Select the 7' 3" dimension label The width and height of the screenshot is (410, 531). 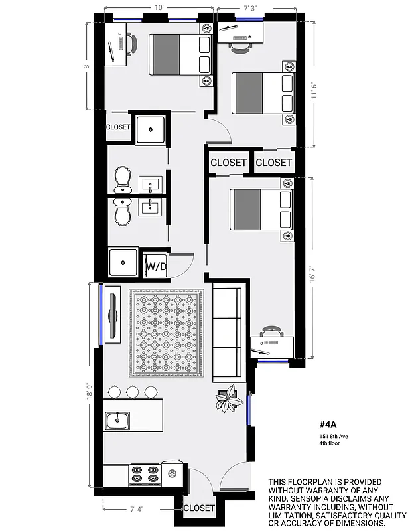[x=250, y=8]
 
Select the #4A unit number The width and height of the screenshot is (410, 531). [x=329, y=424]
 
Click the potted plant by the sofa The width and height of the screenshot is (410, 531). [x=228, y=398]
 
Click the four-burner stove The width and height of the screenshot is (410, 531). [x=145, y=473]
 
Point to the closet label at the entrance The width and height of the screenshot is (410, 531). [x=199, y=508]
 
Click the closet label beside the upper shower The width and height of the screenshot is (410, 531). [x=118, y=127]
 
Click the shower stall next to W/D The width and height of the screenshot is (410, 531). [x=123, y=262]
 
